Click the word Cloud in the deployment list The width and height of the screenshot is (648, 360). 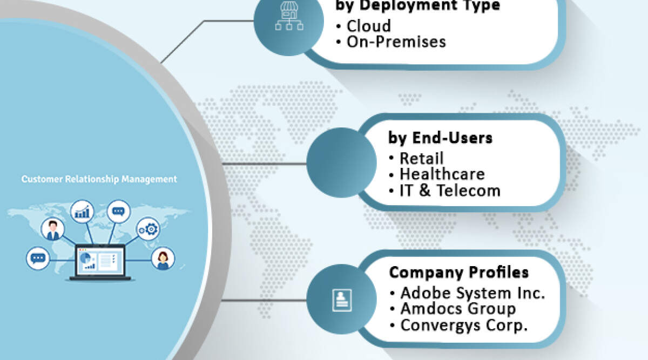pos(369,25)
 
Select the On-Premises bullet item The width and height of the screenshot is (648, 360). pos(396,42)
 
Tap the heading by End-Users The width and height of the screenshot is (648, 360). pos(440,138)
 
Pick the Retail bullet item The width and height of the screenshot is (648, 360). pos(422,158)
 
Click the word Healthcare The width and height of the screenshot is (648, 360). pos(442,174)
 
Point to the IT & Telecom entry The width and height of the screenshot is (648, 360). pos(450,190)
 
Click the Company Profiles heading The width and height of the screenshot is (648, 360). pos(459,272)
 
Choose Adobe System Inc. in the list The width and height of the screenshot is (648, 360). pos(473,293)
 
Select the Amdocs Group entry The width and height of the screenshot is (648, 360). pos(458,309)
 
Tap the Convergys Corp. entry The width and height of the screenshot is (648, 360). pos(464,325)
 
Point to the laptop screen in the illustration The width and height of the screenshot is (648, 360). pos(99,261)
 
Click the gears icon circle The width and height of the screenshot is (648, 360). pos(148,229)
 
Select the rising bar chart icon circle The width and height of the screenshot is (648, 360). pos(83,212)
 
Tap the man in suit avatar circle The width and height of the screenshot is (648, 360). pos(53,229)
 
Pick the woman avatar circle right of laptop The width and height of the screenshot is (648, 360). pos(163,259)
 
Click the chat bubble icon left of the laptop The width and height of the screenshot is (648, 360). pos(38,259)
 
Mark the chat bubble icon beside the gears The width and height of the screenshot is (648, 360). pos(118,211)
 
